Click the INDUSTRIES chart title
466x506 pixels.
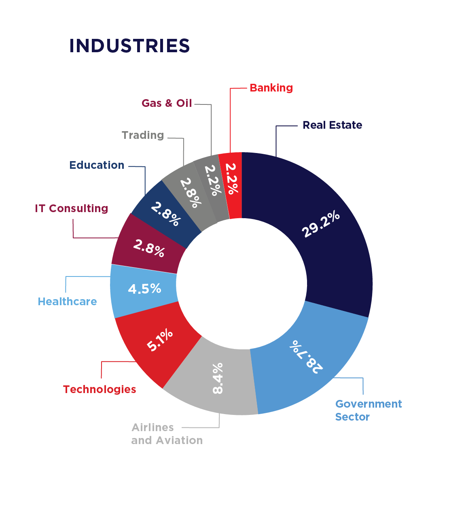point(129,46)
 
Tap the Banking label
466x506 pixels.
point(271,88)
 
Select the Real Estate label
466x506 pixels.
point(332,125)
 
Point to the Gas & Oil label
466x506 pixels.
point(167,103)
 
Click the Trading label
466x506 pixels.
point(143,135)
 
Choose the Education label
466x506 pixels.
point(97,165)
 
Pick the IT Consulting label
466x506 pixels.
point(72,208)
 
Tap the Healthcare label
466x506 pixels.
point(67,302)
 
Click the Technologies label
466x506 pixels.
point(100,389)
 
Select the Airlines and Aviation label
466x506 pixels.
point(167,434)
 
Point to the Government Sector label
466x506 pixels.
point(369,410)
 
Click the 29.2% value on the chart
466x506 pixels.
point(321,224)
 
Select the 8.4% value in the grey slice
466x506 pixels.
point(218,378)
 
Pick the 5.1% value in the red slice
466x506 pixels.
point(160,340)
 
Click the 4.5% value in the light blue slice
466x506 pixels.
point(144,289)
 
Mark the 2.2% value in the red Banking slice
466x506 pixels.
point(232,179)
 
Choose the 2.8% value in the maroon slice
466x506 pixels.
point(149,248)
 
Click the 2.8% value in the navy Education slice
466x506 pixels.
point(165,214)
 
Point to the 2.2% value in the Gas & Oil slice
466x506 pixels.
point(213,180)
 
